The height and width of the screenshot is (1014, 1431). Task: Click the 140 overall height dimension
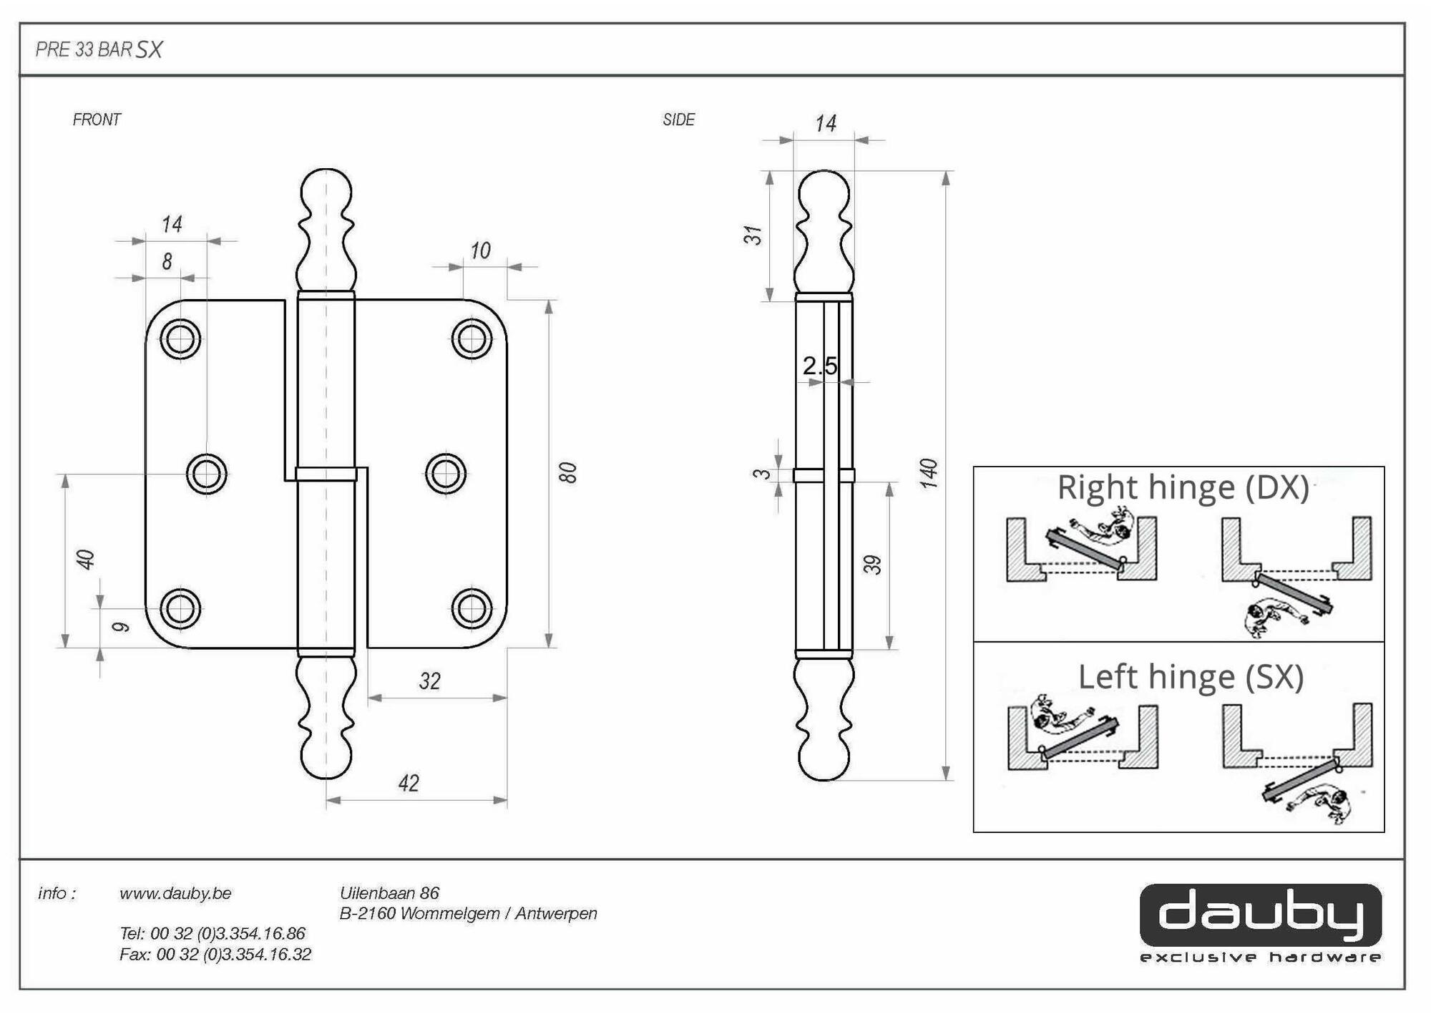click(928, 474)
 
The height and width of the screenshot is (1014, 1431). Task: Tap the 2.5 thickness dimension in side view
click(819, 366)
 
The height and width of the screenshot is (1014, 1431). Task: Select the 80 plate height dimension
click(567, 472)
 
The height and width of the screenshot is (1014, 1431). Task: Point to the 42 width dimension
click(409, 783)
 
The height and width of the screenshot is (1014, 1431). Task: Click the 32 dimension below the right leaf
click(429, 681)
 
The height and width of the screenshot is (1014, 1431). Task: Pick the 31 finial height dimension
click(753, 235)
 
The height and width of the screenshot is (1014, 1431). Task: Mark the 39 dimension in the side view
click(872, 565)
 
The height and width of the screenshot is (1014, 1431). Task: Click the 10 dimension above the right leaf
click(480, 250)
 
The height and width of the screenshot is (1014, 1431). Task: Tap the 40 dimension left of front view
click(86, 560)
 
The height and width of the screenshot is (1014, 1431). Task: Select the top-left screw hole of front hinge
click(180, 338)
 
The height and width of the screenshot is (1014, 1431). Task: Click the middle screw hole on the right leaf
click(446, 474)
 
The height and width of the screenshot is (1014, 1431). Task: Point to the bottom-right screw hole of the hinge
click(472, 608)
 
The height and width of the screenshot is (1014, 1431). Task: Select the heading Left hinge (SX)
click(1191, 677)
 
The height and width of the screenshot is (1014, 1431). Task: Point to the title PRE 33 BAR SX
click(99, 49)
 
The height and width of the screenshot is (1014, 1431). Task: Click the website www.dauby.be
click(175, 893)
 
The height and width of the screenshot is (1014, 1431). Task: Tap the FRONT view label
click(97, 120)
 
